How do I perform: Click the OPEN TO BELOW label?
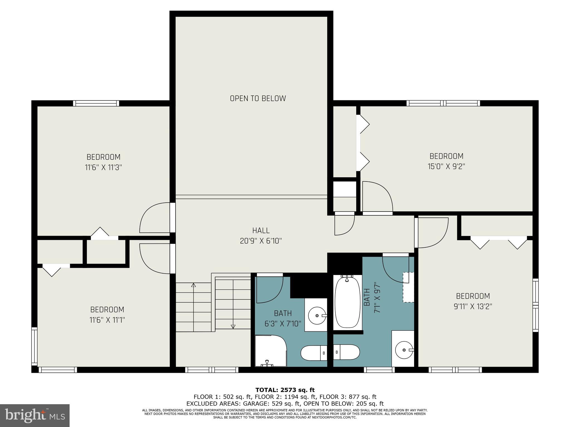coord(258,98)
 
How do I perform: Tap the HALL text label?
coord(261,230)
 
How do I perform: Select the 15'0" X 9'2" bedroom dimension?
coord(446,167)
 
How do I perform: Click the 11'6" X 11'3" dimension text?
coord(104,167)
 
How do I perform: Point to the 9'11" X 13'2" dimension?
coord(473,306)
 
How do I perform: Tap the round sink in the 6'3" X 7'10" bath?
coord(317,316)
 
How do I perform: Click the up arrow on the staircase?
coord(194,285)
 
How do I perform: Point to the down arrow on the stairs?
coord(233,326)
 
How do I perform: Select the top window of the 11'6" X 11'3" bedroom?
coord(96,103)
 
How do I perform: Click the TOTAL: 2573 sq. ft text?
coord(285,390)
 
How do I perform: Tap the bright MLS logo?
coord(35,416)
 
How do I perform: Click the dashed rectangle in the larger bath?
coord(408,287)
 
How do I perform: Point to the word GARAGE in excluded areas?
coord(255,404)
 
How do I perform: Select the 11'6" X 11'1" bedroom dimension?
coord(107,320)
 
